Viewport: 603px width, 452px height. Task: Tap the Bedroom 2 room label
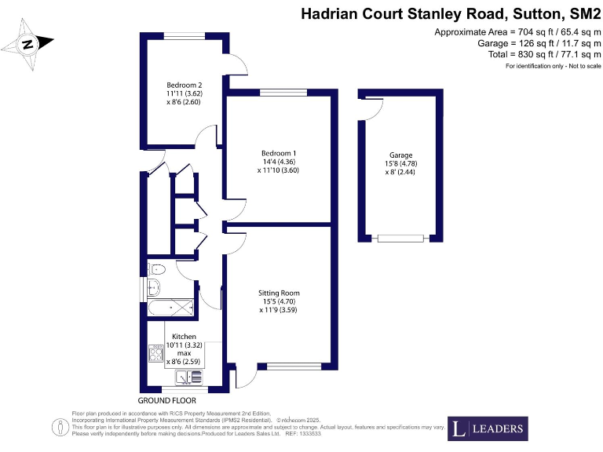tap(185, 86)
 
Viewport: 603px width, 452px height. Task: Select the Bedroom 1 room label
tap(279, 153)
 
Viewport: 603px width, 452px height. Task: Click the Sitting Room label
tap(279, 293)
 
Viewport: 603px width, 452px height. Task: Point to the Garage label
tap(400, 155)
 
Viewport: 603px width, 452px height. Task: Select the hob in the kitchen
tap(155, 355)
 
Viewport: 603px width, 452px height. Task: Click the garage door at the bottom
tap(404, 238)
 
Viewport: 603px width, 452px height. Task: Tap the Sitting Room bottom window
tap(294, 366)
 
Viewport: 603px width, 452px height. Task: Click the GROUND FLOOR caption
tap(167, 400)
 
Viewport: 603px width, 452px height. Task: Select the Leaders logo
tap(488, 428)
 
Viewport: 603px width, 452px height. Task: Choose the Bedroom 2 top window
tap(186, 35)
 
